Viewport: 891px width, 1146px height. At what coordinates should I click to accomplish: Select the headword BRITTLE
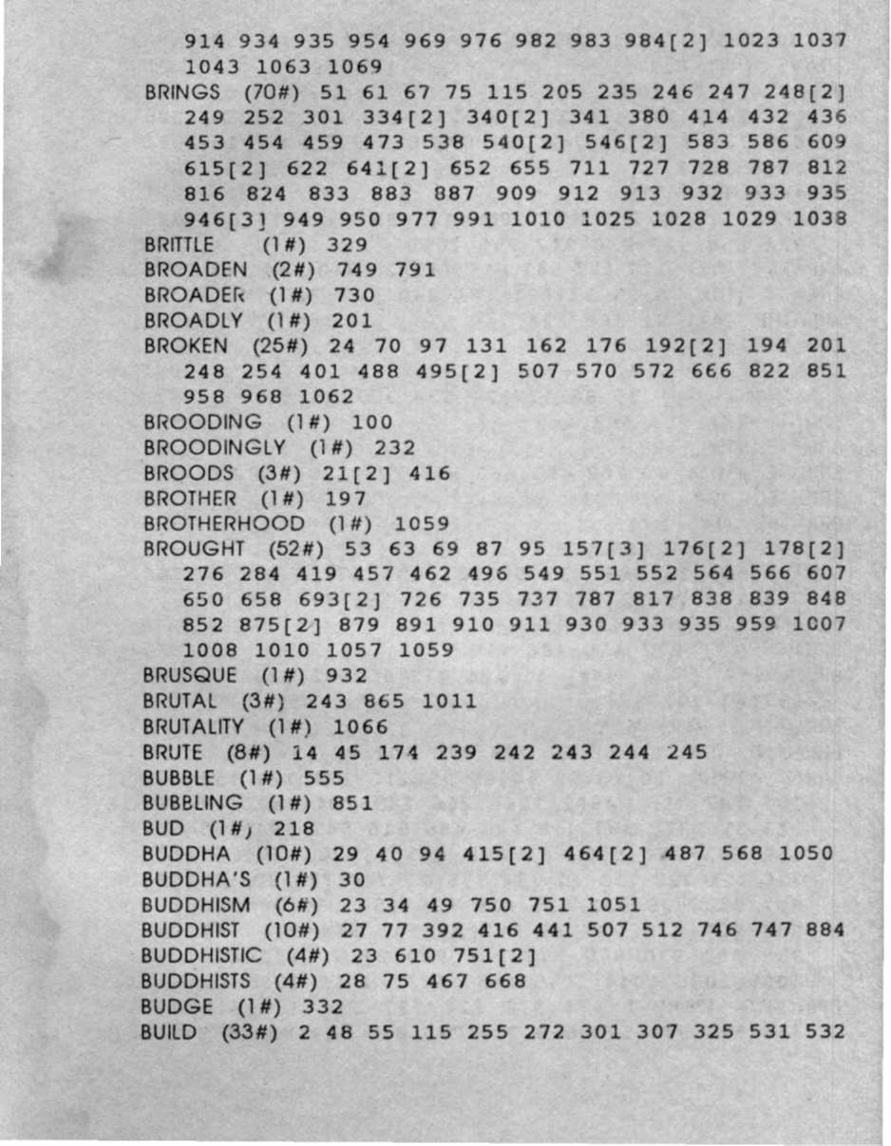click(180, 244)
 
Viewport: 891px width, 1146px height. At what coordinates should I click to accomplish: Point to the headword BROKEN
click(186, 346)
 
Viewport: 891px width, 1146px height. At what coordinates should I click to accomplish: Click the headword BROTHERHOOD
click(225, 523)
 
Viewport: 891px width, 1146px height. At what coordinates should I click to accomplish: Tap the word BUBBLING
click(193, 802)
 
